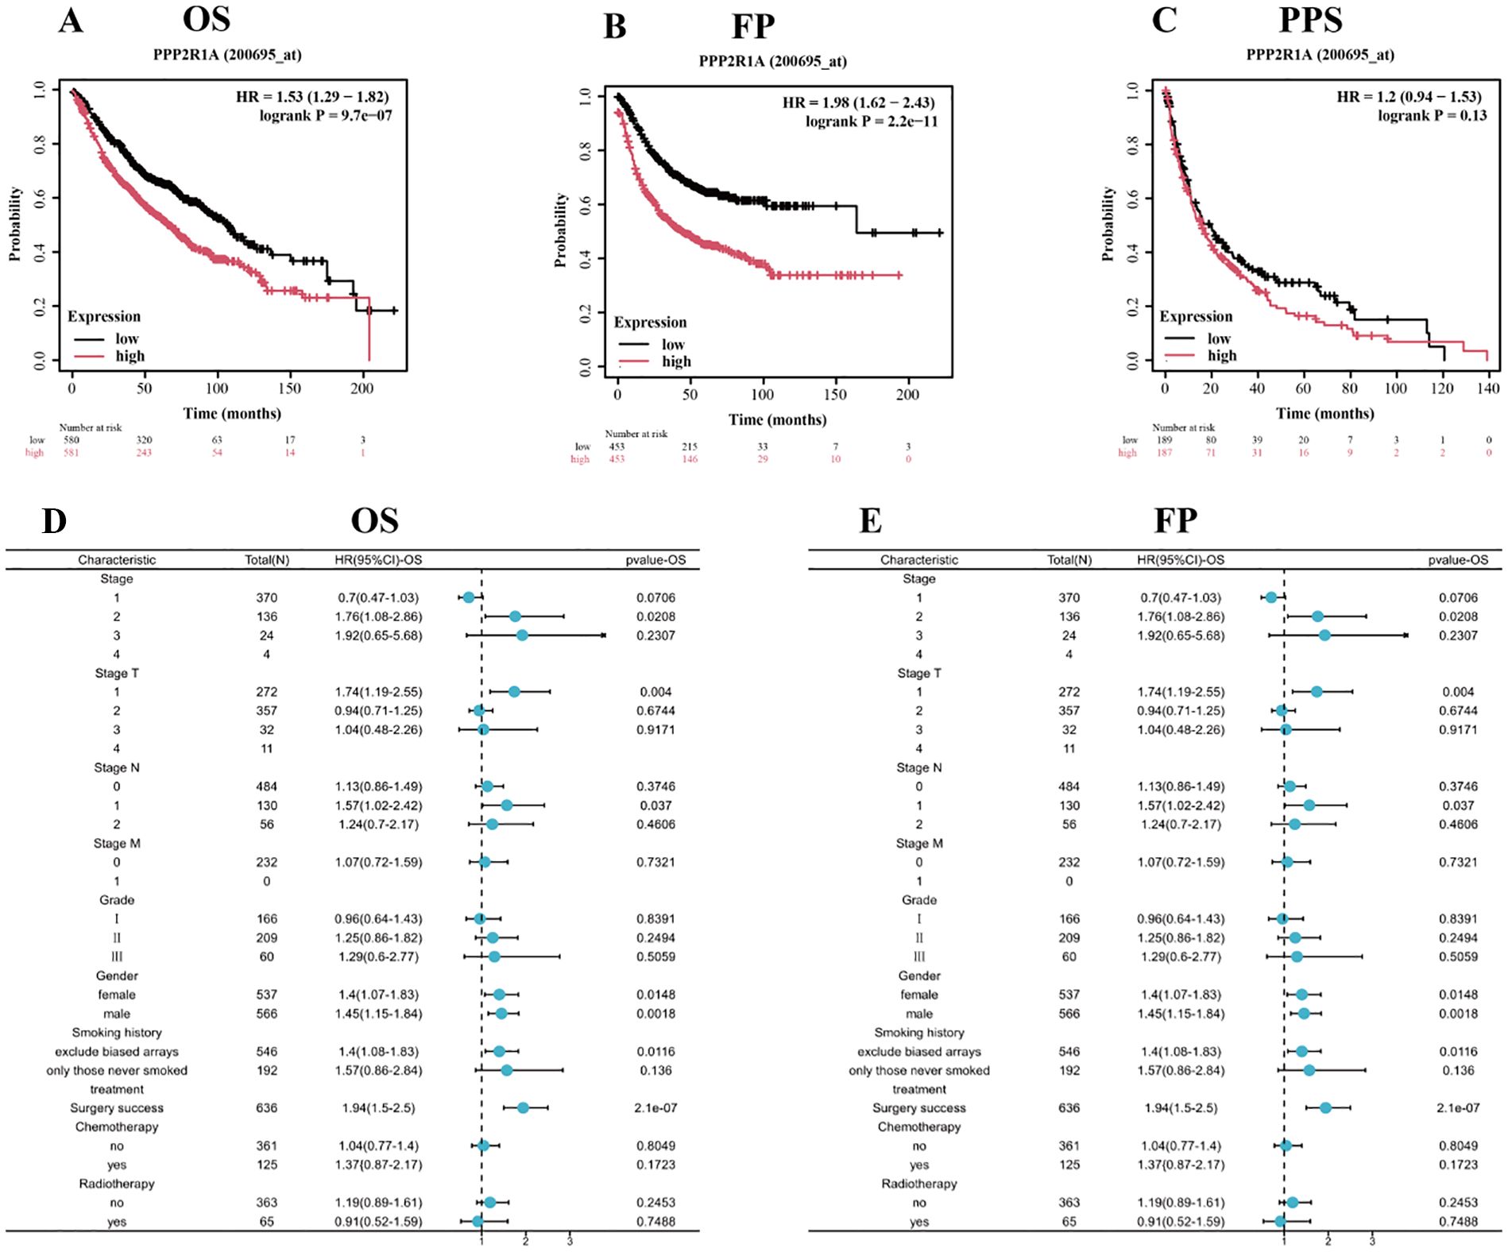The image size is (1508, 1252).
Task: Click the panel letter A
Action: pos(71,21)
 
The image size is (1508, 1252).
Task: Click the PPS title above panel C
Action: pos(1310,20)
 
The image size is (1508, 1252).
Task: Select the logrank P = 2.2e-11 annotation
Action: pos(871,122)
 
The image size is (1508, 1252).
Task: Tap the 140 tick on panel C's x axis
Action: pos(1488,388)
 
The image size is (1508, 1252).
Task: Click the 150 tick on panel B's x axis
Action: pos(835,395)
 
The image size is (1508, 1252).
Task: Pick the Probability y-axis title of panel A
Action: pos(15,224)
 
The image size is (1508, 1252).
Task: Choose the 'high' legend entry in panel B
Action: pos(676,361)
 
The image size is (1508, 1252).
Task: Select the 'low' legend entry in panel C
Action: pos(1219,338)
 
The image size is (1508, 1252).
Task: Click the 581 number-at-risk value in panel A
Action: pos(72,453)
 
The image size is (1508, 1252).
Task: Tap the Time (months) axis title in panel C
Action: pos(1325,413)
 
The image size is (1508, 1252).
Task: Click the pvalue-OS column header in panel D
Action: pos(655,560)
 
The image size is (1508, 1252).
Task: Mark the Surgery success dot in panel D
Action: pos(523,1108)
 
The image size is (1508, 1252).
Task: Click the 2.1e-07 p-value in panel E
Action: pos(1458,1108)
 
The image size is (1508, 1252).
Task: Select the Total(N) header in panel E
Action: pos(1069,560)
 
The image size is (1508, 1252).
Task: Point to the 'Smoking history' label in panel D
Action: pos(117,1033)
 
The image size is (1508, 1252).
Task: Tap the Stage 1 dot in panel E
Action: pos(1271,597)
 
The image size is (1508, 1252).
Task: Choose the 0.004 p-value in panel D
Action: pos(655,692)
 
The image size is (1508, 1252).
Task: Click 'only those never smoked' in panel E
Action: pos(919,1071)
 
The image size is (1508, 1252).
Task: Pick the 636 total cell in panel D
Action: pos(267,1108)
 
